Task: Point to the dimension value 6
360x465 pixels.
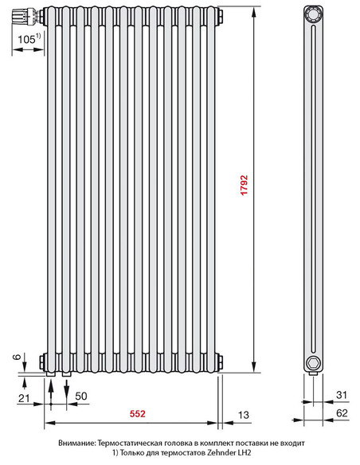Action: [15, 359]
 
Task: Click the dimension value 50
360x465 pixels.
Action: [80, 396]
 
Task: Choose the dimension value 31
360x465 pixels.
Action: [340, 395]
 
